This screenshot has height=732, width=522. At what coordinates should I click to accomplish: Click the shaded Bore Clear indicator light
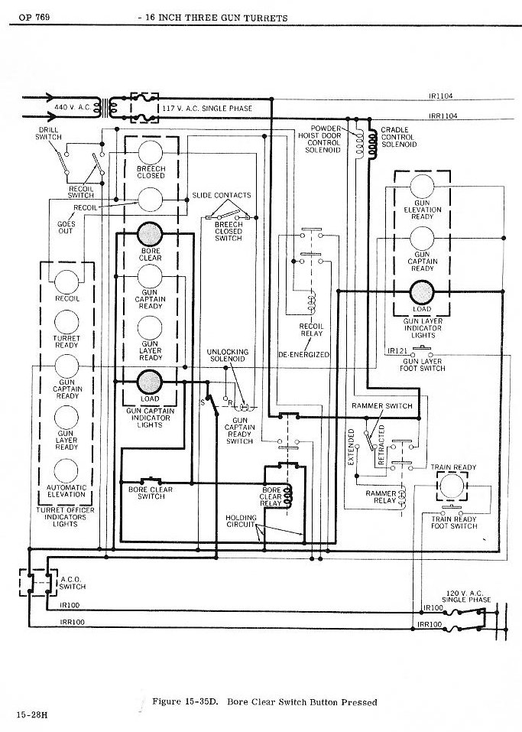tap(150, 234)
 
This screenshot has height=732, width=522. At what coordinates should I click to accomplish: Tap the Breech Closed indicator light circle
tap(151, 152)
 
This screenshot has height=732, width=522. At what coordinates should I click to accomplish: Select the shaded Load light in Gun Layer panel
tap(422, 293)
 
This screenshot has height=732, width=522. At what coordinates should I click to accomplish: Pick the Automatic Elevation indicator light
tap(66, 471)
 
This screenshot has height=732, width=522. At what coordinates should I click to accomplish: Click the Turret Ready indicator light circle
tap(66, 322)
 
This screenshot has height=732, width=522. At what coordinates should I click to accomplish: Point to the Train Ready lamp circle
tap(452, 486)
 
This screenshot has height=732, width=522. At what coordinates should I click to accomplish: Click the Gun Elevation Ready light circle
tap(422, 187)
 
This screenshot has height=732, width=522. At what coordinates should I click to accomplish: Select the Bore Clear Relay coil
tap(288, 496)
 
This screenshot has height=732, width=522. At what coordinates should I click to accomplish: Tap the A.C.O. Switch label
tap(73, 583)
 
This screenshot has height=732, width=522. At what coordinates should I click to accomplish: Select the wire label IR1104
tap(440, 96)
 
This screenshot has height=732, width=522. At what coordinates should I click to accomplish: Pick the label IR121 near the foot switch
tap(397, 351)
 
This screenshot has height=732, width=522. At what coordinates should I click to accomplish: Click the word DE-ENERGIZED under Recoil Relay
tap(303, 354)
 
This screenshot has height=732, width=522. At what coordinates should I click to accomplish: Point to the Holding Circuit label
tap(241, 521)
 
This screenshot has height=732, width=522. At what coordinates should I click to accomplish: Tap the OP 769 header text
tap(34, 18)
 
